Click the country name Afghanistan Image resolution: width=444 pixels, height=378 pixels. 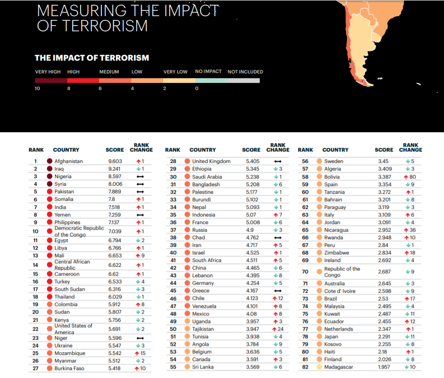click(68, 161)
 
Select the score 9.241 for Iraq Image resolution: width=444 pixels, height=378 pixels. click(115, 169)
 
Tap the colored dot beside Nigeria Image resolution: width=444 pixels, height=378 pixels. click(49, 176)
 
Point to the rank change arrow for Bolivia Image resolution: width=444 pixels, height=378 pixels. click(406, 177)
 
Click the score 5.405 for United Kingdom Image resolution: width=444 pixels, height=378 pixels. click(253, 161)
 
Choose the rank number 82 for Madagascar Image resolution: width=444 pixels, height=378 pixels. click(305, 367)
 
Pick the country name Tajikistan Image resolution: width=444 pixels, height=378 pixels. click(203, 329)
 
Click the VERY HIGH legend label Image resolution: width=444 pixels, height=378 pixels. click(48, 72)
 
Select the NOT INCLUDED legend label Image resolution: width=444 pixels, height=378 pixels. click(245, 72)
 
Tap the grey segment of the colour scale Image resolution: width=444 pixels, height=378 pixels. click(243, 81)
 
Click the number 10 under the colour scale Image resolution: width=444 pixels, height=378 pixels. click(37, 89)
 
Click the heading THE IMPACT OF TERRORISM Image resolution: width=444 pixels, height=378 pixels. click(92, 58)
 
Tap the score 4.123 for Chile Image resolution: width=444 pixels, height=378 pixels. click(253, 298)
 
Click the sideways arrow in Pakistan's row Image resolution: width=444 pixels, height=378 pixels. click(140, 192)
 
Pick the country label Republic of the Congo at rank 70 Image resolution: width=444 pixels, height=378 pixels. click(342, 272)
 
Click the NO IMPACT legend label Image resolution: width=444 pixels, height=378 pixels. click(208, 72)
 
